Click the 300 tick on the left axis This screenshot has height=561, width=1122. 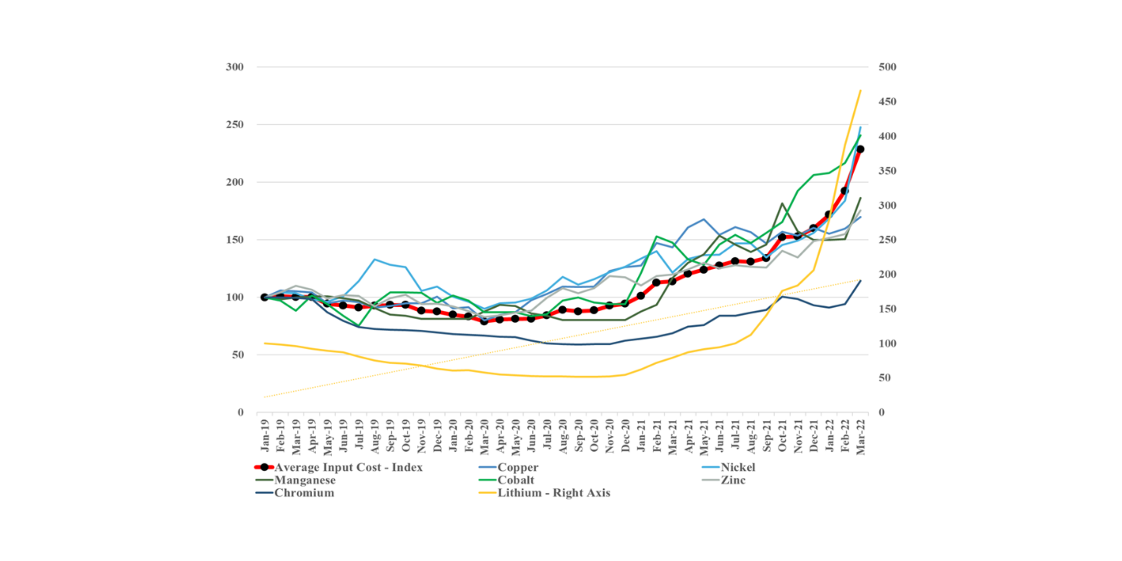pyautogui.click(x=234, y=67)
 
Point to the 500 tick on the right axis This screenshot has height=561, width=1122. pyautogui.click(x=887, y=67)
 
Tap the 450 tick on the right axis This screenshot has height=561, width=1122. pyautogui.click(x=887, y=102)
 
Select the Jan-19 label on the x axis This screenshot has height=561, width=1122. pyautogui.click(x=264, y=436)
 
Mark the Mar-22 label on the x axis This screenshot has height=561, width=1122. pyautogui.click(x=861, y=437)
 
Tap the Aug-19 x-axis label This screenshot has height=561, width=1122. pyautogui.click(x=375, y=437)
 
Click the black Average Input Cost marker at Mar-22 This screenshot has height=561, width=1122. pyautogui.click(x=860, y=149)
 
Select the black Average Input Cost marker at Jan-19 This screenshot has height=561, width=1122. pyautogui.click(x=264, y=297)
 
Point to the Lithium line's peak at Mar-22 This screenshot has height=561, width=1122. pyautogui.click(x=861, y=91)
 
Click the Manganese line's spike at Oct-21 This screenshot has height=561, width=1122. pyautogui.click(x=782, y=203)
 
